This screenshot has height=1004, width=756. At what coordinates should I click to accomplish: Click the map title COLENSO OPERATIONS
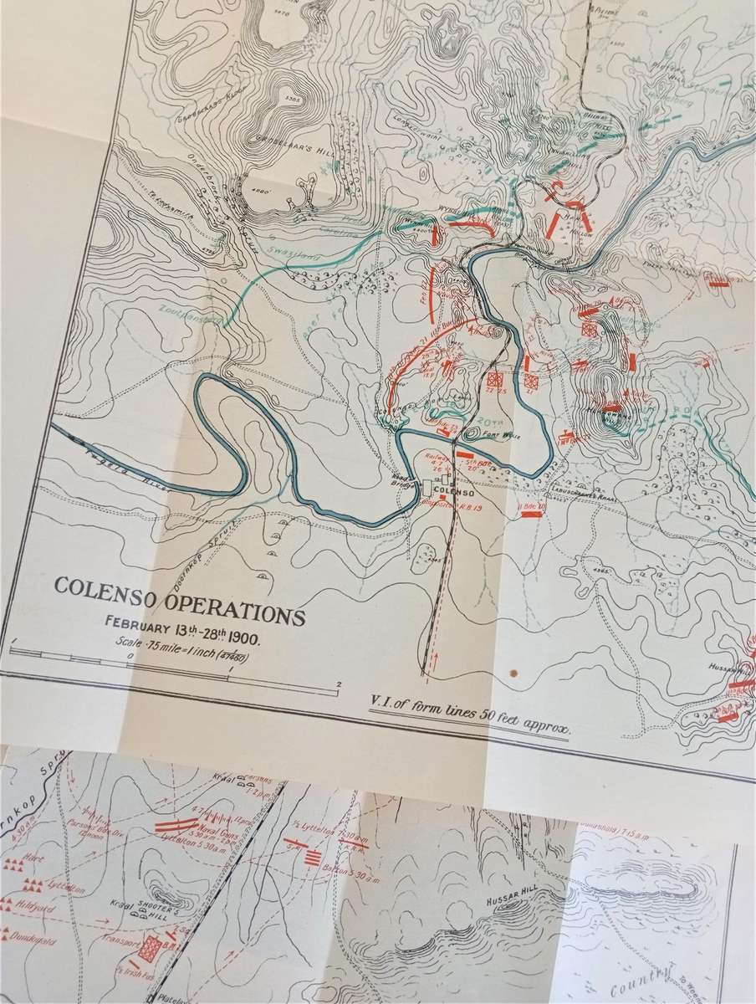coord(179,599)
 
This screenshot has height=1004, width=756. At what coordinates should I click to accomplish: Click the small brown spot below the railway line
coord(513,671)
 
